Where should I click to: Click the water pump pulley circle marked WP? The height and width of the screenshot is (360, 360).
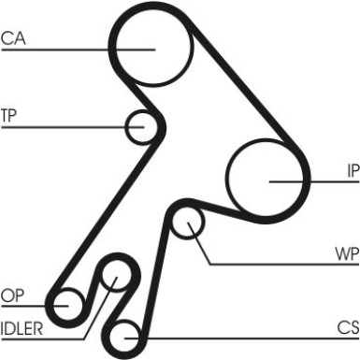191,223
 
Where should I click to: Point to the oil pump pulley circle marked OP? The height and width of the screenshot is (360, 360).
67,303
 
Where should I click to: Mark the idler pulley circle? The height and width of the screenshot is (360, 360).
114,275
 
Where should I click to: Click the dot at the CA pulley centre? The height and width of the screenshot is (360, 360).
151,48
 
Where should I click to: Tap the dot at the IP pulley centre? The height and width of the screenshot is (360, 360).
270,180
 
